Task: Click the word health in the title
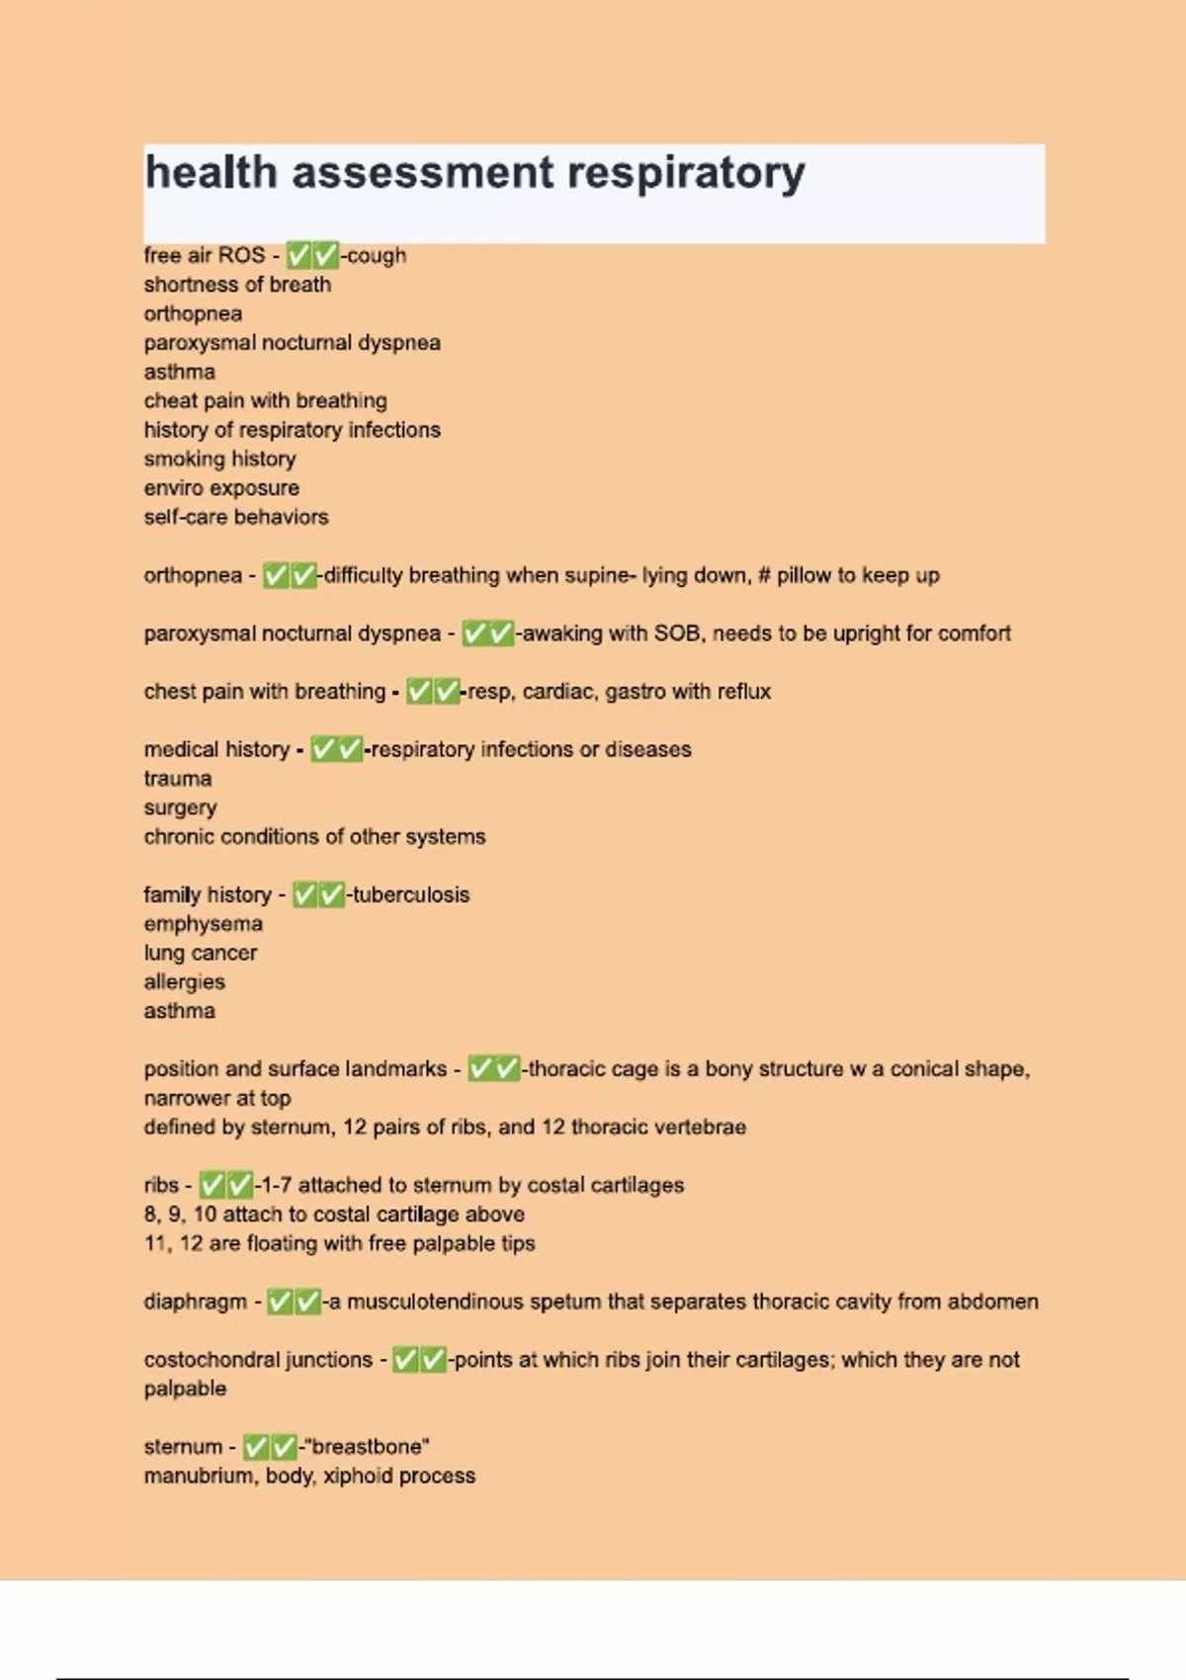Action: click(211, 172)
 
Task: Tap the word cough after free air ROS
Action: click(376, 255)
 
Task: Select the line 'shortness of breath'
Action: click(237, 285)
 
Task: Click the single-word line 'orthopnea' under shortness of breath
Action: click(193, 313)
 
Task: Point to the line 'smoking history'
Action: click(219, 459)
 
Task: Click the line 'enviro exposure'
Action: click(221, 488)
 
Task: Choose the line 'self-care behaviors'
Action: click(236, 517)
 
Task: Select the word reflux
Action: click(743, 692)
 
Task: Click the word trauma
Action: click(178, 779)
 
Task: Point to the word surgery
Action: click(180, 807)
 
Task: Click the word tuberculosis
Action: click(411, 894)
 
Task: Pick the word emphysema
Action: click(203, 924)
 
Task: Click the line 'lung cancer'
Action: click(200, 953)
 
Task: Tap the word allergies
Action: click(184, 981)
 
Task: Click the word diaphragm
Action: click(195, 1302)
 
